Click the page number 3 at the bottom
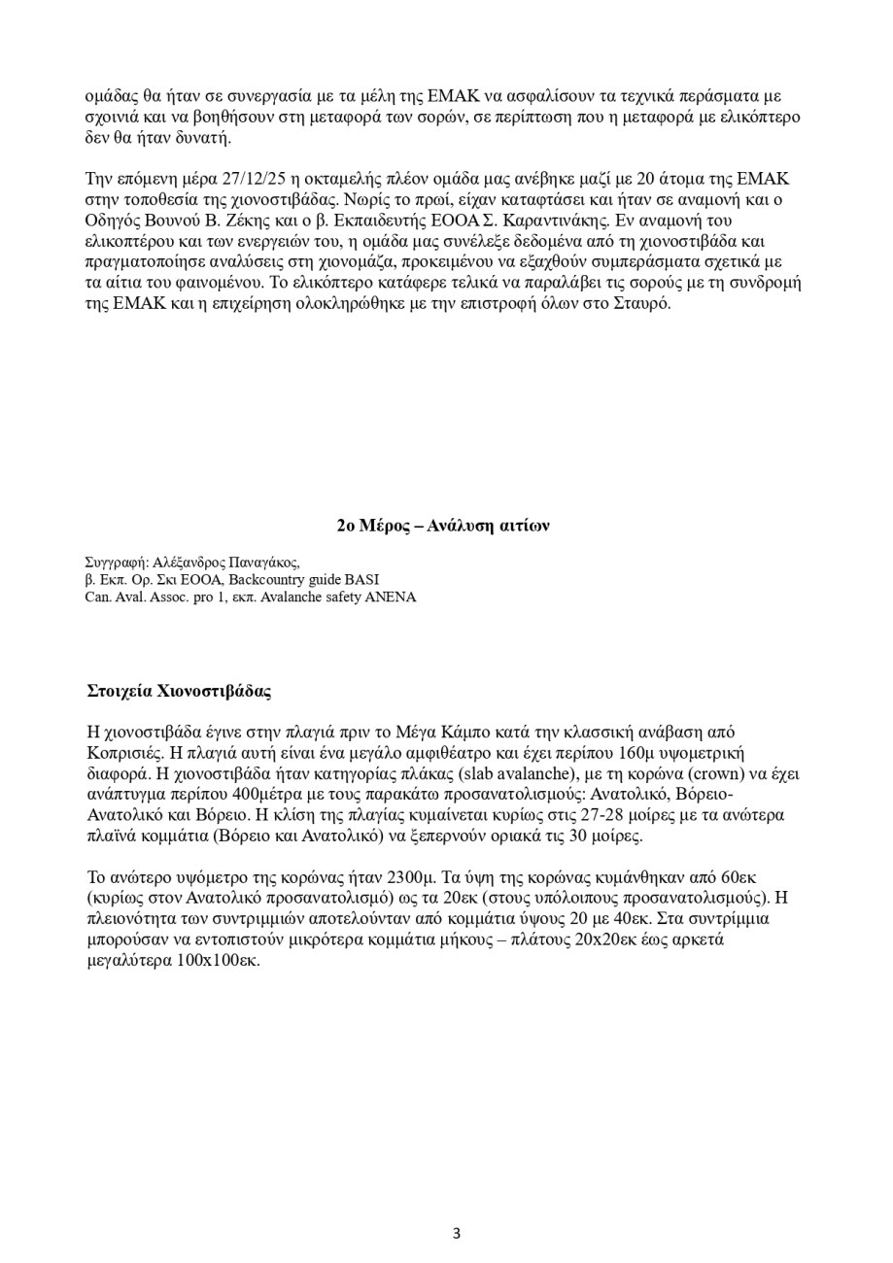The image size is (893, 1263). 456,1234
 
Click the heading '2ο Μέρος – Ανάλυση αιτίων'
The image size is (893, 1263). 443,526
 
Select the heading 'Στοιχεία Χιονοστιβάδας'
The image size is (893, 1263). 179,692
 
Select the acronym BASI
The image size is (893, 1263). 360,579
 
